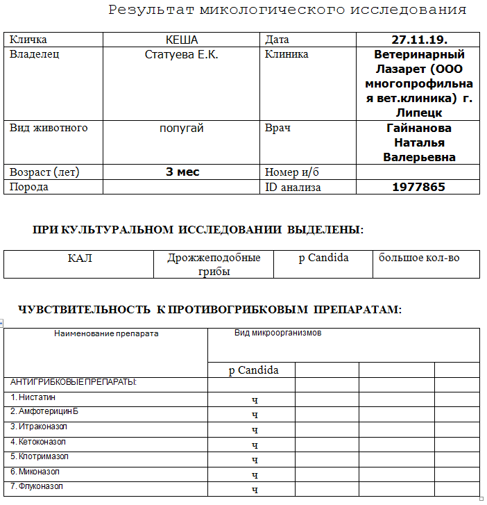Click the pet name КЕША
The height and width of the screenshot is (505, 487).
tap(182, 40)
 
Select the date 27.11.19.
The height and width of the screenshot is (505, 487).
tap(419, 40)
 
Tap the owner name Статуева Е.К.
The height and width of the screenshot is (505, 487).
tap(182, 54)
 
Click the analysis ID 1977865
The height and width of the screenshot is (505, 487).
tap(418, 187)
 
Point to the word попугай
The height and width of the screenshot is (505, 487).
tap(182, 129)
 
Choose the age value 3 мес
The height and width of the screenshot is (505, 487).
tap(182, 172)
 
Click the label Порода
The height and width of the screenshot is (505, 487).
tap(29, 187)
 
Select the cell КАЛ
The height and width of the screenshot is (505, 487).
tap(80, 258)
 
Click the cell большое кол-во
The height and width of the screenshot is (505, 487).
tap(419, 258)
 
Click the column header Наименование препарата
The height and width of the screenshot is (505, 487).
tap(106, 333)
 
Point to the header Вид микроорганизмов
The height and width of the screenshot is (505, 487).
tap(277, 333)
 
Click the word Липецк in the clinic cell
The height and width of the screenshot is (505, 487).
tap(419, 113)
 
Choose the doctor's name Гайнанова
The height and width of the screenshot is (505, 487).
tap(418, 129)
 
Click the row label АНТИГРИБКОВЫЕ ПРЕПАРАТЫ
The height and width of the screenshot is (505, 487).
tap(74, 382)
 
